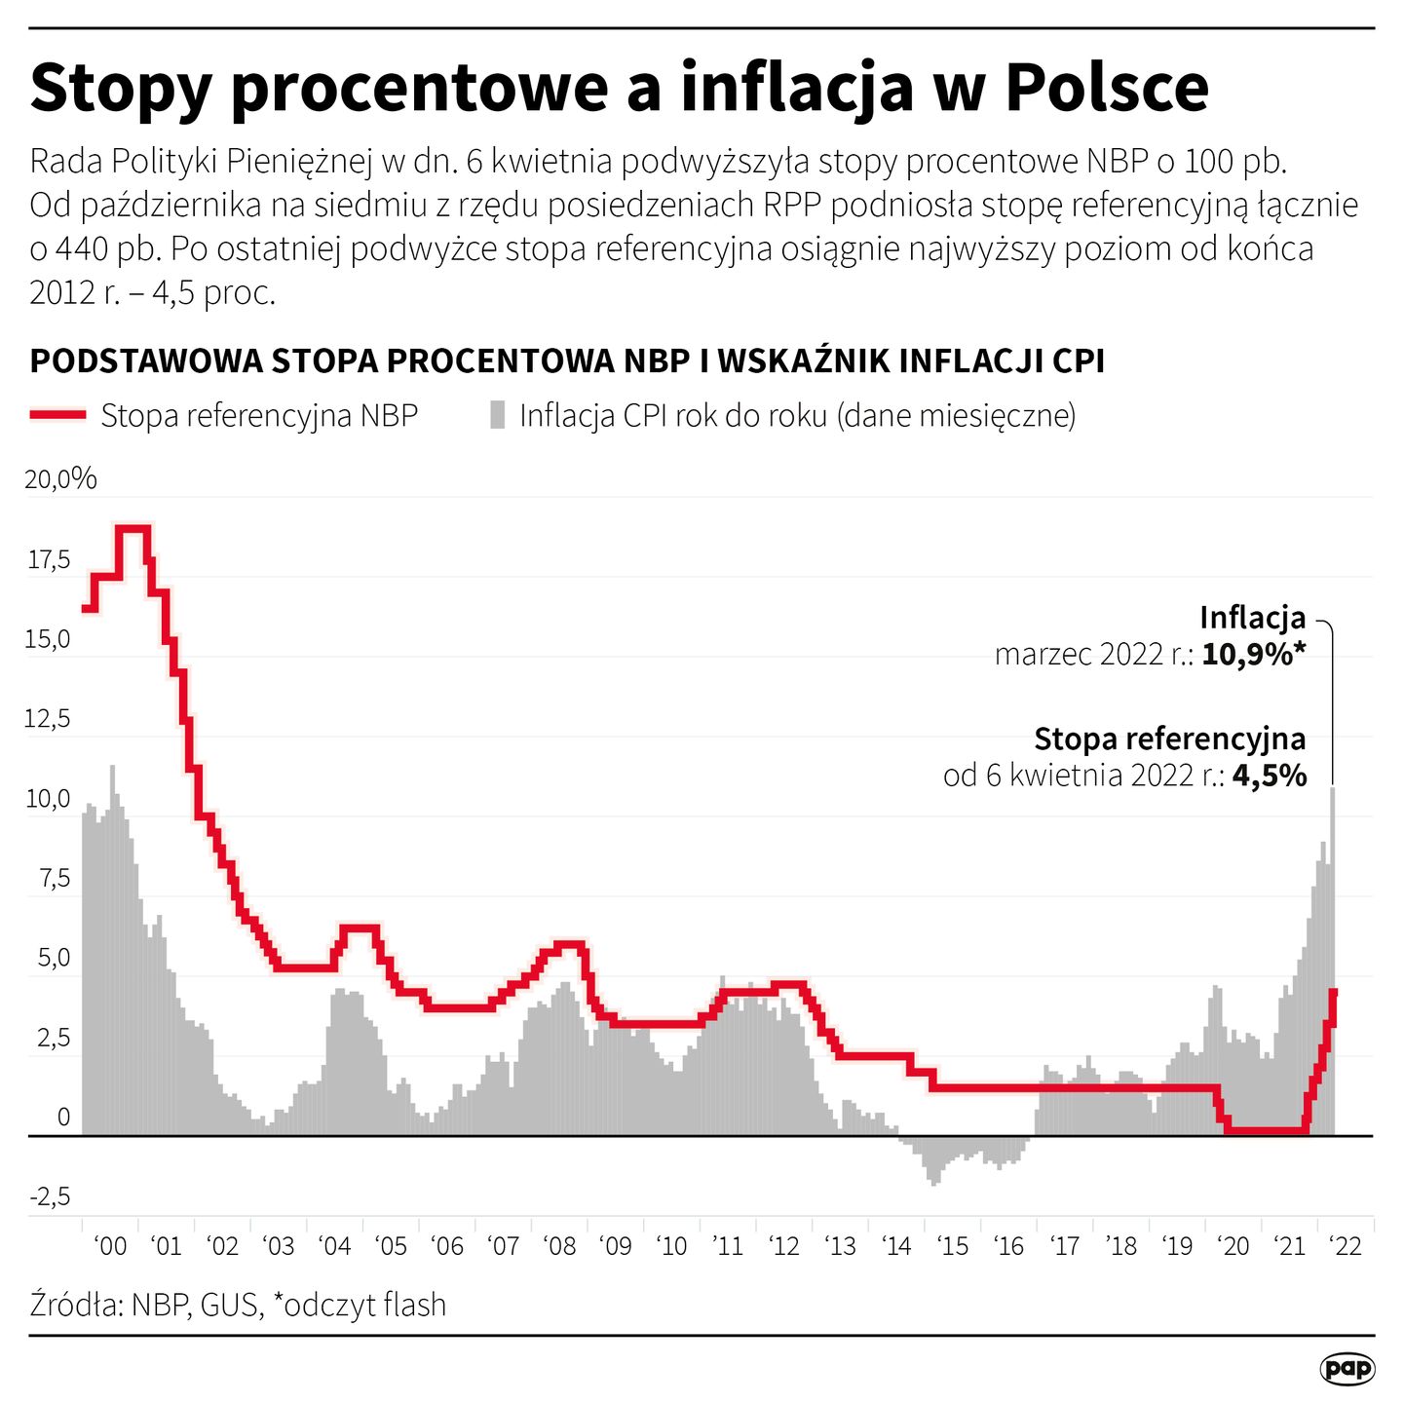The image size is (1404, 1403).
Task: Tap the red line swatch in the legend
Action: (57, 415)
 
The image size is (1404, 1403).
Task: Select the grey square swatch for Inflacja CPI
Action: (498, 415)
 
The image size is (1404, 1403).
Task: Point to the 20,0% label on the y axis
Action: (60, 478)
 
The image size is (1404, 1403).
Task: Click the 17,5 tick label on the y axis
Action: (49, 559)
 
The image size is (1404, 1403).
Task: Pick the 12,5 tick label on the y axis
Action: (49, 719)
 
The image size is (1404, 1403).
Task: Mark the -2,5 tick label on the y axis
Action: (49, 1196)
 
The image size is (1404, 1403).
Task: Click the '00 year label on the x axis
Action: (110, 1246)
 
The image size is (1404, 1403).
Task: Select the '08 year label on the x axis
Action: (559, 1246)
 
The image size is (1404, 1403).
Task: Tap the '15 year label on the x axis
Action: (952, 1246)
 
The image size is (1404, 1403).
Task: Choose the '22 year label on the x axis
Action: (1345, 1246)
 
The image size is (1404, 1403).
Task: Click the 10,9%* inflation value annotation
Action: (1253, 654)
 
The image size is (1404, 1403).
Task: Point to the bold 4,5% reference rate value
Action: (1269, 776)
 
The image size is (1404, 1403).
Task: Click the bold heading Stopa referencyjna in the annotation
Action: (1169, 739)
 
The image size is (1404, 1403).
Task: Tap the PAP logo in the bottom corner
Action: (1347, 1369)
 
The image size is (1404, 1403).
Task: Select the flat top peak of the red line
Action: (133, 529)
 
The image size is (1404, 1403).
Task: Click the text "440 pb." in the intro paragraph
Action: (108, 249)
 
